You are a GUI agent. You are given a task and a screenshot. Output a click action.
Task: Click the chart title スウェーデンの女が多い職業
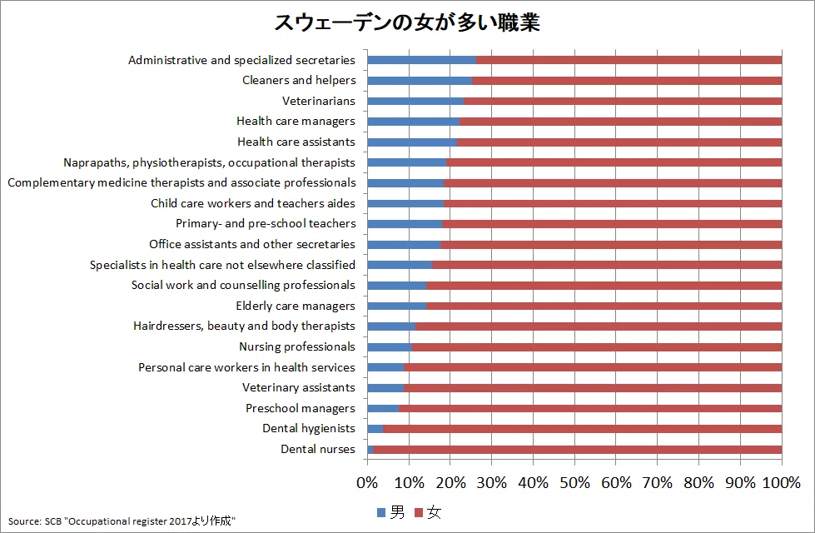(x=407, y=22)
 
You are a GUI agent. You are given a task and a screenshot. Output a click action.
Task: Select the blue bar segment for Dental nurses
(x=370, y=449)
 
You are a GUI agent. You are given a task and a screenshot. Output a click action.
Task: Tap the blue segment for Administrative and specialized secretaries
(x=421, y=60)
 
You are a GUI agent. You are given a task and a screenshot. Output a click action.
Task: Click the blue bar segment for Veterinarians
(x=415, y=101)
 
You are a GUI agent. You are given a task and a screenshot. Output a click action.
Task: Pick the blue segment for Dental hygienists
(x=375, y=429)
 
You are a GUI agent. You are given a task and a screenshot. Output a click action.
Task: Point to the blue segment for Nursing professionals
(x=390, y=346)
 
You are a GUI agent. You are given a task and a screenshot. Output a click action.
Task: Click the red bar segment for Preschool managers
(x=590, y=408)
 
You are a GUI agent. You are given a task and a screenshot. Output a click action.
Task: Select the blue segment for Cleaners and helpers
(x=420, y=81)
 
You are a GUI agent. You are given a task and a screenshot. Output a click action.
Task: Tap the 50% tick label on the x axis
(x=574, y=483)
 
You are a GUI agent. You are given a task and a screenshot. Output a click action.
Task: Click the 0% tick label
(x=367, y=483)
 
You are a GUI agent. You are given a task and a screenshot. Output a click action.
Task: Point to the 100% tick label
(x=781, y=483)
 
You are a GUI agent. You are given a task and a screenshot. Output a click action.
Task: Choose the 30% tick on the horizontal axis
(x=492, y=483)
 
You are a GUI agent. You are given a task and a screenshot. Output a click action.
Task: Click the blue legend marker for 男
(x=381, y=513)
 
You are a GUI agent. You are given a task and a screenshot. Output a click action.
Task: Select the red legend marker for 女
(x=419, y=513)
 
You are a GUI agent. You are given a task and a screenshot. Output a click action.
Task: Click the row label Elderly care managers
(x=296, y=306)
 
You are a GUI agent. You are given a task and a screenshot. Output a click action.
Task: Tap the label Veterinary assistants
(x=298, y=387)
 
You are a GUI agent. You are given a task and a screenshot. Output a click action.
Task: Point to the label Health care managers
(x=296, y=121)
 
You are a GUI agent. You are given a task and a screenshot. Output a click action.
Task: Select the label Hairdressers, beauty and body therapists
(x=244, y=326)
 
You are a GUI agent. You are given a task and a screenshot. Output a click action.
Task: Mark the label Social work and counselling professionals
(x=243, y=285)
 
